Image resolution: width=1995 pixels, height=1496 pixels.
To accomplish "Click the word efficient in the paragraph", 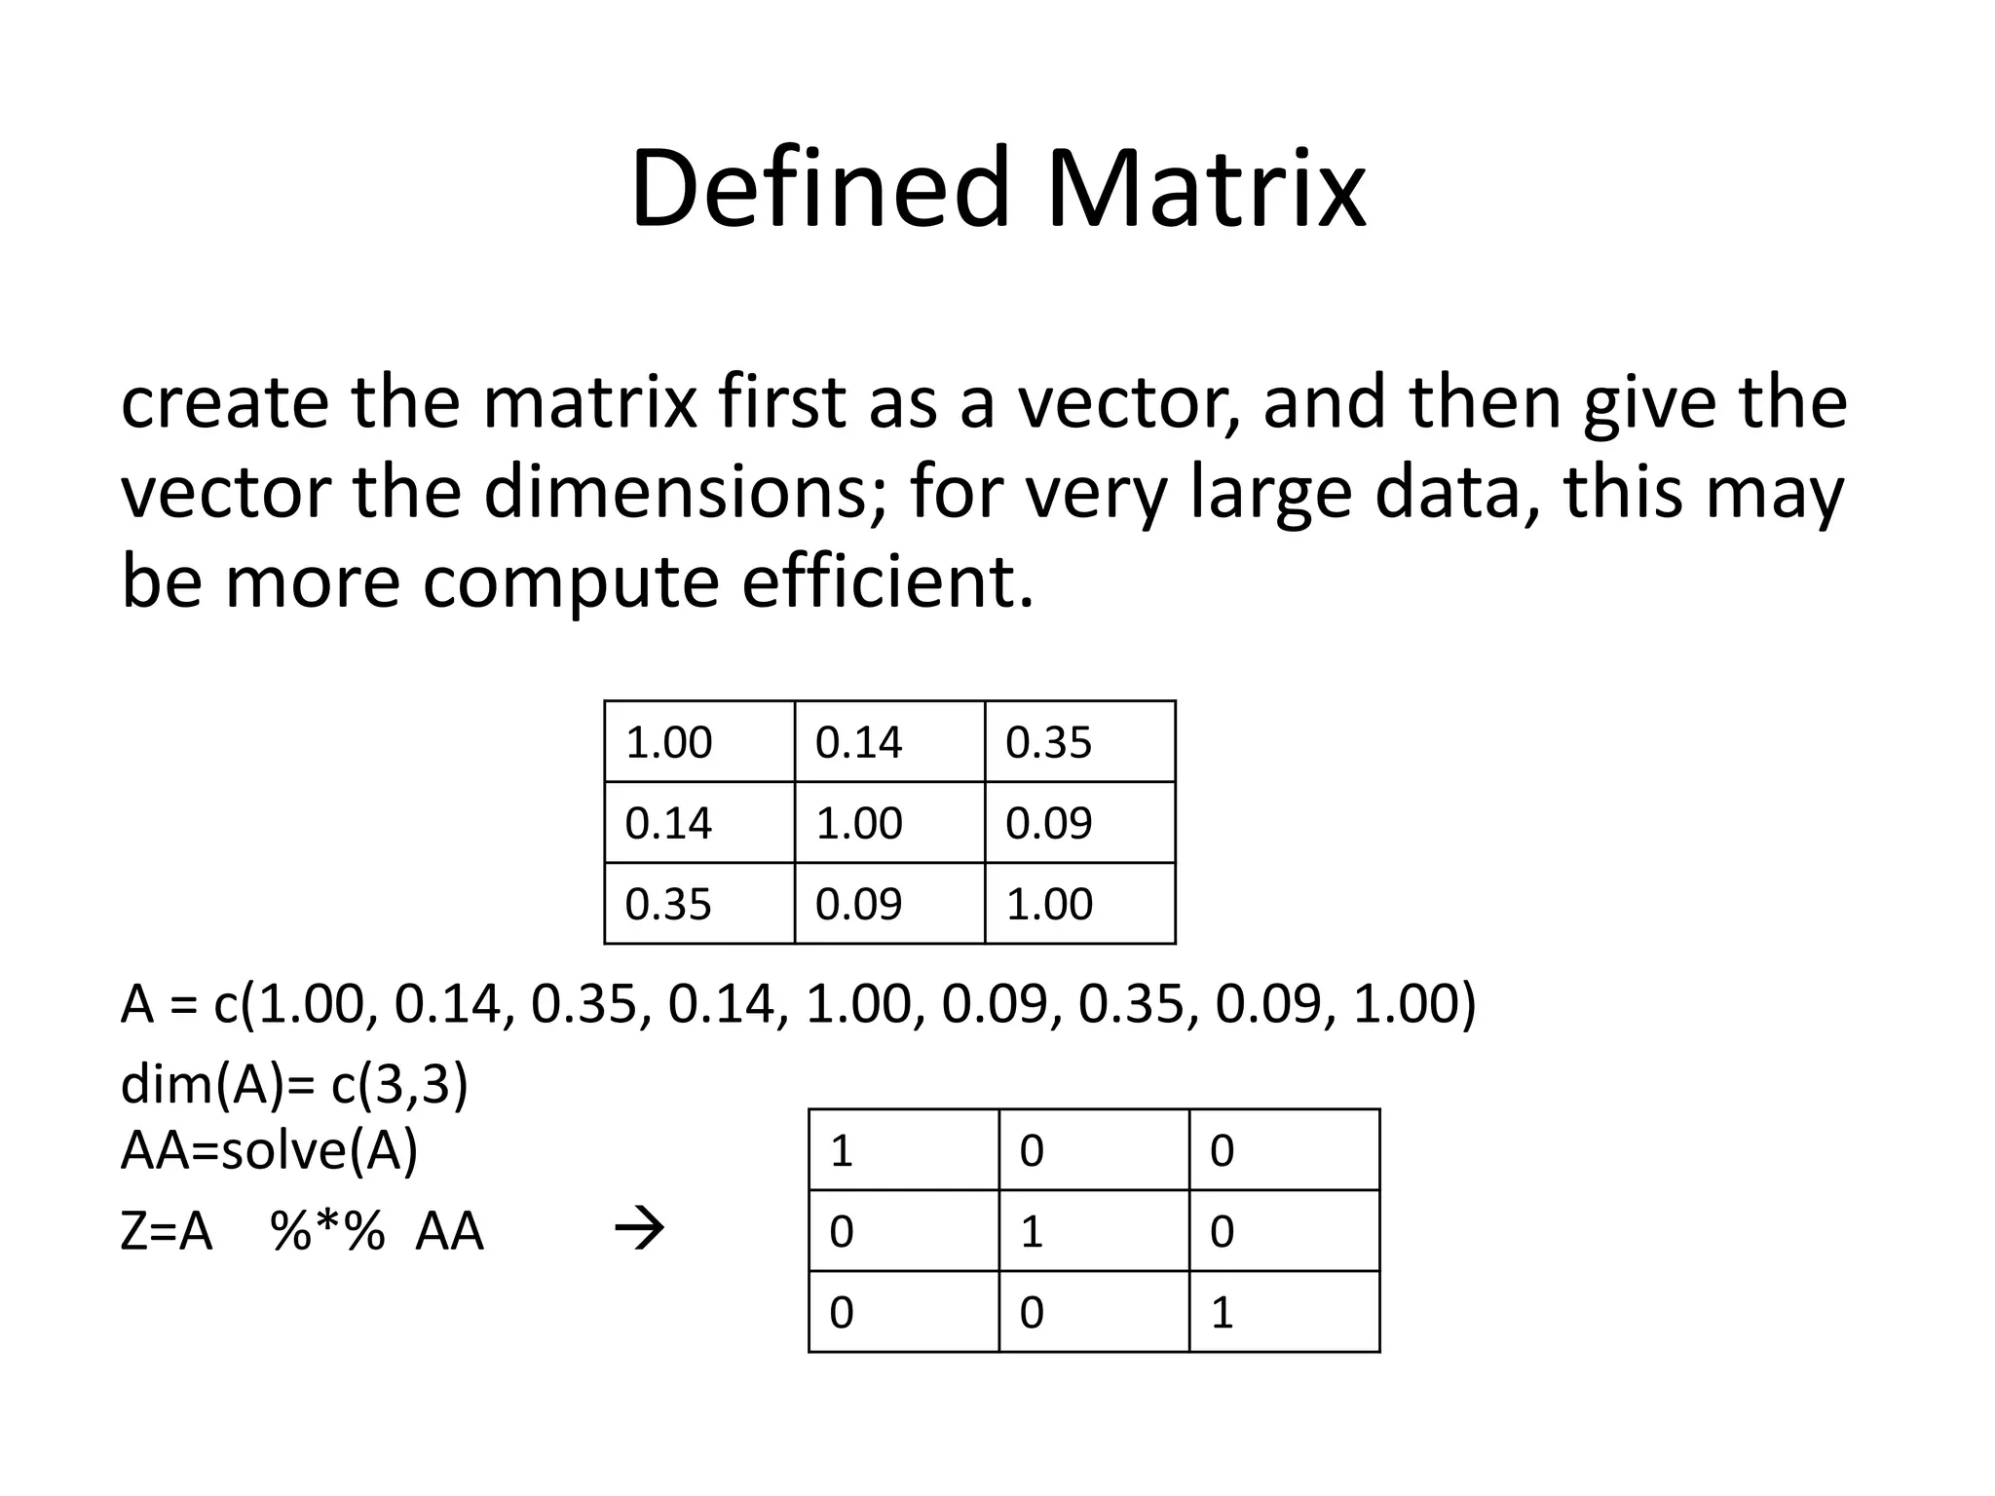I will [886, 581].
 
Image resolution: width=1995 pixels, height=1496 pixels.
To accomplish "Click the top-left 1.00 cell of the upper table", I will [668, 743].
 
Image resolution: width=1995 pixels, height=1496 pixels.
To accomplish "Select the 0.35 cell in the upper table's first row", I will [1049, 743].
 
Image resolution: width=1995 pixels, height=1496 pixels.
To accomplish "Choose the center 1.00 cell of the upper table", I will [858, 824].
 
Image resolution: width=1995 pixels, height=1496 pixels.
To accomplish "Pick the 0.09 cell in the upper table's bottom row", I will [858, 905].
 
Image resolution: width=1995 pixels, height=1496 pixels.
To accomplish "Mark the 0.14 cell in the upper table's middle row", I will [668, 824].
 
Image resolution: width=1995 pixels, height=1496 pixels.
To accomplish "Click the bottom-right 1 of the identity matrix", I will [1223, 1313].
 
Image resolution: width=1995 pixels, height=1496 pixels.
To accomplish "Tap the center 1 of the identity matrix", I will [1032, 1232].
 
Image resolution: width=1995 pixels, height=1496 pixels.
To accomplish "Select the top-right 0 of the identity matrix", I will [1223, 1151].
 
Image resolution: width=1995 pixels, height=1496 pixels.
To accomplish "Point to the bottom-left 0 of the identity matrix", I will [842, 1313].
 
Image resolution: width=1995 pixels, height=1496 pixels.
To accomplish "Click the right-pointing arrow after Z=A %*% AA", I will [640, 1230].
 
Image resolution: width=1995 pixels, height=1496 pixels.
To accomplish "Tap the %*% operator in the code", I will [328, 1231].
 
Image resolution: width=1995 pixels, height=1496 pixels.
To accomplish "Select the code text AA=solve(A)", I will [269, 1151].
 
